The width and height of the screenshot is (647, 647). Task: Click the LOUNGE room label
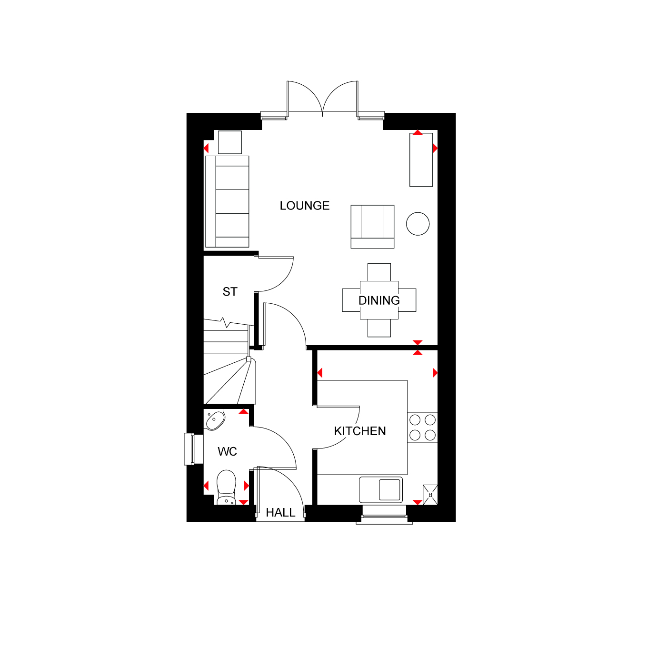[x=305, y=206]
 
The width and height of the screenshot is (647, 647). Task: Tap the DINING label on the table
[x=379, y=300]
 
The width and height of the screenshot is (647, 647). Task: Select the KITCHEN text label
[x=360, y=431]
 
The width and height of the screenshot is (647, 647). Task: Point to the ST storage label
[x=230, y=291]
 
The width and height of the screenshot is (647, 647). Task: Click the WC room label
[x=227, y=452]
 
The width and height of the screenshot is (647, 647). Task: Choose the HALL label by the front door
[x=280, y=512]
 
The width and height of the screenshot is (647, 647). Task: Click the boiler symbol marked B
[x=430, y=495]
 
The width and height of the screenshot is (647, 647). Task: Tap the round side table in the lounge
[x=418, y=224]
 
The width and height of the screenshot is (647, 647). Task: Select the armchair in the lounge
[x=372, y=227]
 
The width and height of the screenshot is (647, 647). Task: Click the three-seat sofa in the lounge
[x=227, y=201]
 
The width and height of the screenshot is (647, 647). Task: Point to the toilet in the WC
[x=226, y=487]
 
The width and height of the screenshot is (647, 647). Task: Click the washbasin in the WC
[x=215, y=420]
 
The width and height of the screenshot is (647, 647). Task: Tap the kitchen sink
[x=381, y=490]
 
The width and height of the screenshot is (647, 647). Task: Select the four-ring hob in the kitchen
[x=422, y=428]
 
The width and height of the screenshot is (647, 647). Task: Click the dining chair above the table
[x=379, y=272]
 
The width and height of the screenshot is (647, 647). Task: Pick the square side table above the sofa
[x=230, y=142]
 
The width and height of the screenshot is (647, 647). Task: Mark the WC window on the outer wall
[x=193, y=449]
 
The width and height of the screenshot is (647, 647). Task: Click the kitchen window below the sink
[x=385, y=515]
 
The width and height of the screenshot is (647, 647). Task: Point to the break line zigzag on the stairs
[x=226, y=323]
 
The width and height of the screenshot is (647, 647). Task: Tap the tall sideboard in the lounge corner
[x=421, y=160]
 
